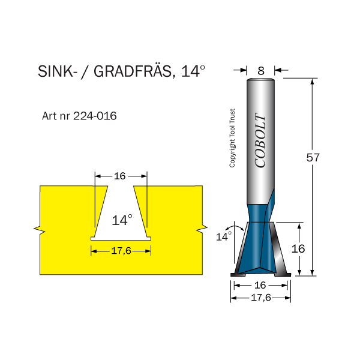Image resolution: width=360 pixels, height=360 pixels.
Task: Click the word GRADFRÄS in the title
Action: (131, 72)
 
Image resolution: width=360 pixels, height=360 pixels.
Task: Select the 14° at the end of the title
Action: (193, 71)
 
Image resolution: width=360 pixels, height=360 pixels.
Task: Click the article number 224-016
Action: (95, 116)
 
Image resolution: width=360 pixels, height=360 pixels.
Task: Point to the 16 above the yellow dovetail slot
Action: (119, 176)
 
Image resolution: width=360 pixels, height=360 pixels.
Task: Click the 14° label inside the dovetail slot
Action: (122, 220)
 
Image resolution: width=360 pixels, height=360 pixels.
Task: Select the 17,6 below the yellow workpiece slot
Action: (121, 251)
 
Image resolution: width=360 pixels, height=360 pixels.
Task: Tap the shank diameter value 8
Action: (261, 70)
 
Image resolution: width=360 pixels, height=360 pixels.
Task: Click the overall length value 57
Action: (313, 158)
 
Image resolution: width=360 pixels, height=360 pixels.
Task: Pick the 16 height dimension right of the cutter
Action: (298, 248)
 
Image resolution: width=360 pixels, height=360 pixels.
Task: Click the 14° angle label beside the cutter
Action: (223, 236)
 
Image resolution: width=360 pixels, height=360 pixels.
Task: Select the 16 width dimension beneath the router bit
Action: (261, 286)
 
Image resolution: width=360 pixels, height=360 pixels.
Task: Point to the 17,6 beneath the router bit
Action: (261, 297)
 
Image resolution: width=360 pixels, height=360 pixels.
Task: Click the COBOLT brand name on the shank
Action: (260, 141)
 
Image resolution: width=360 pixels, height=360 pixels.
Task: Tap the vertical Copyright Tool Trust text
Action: (233, 138)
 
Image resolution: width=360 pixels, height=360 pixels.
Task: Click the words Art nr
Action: (56, 116)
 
